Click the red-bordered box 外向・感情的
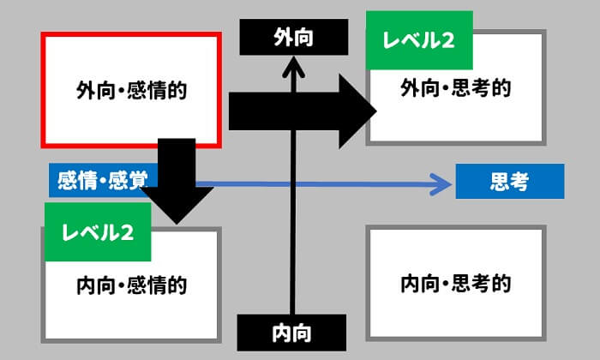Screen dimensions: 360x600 click(x=132, y=89)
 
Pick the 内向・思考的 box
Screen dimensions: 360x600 click(x=455, y=284)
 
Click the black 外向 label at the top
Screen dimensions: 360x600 click(x=293, y=36)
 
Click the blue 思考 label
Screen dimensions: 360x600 click(x=509, y=182)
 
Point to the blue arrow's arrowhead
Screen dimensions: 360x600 click(x=441, y=182)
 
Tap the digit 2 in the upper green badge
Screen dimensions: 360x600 click(x=447, y=40)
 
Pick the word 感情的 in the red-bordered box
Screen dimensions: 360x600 click(x=158, y=89)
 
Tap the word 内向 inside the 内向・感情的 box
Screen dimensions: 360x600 click(x=95, y=284)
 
